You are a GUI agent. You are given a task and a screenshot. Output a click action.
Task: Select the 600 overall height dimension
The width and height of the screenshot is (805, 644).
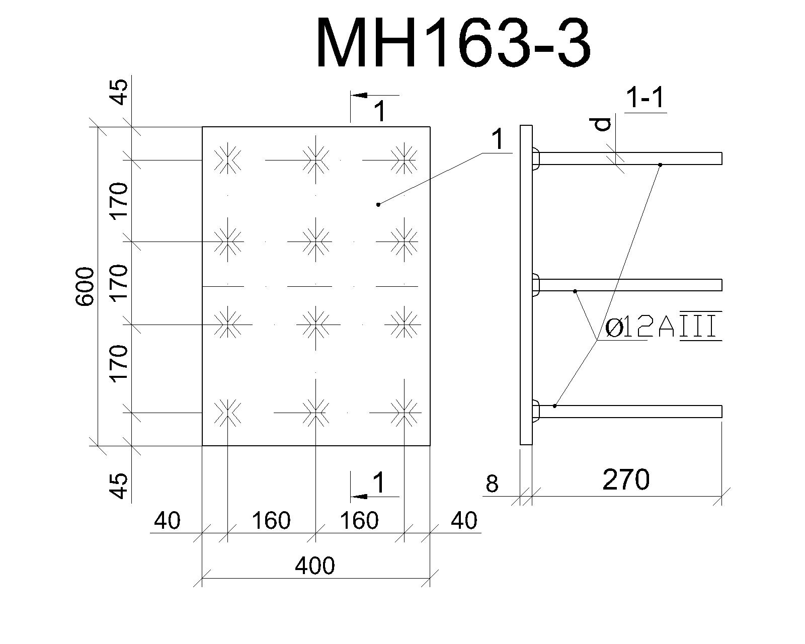click(85, 287)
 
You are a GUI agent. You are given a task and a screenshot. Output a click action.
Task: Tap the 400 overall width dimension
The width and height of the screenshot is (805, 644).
click(314, 566)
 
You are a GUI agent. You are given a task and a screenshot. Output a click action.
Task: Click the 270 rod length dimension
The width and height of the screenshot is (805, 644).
click(626, 479)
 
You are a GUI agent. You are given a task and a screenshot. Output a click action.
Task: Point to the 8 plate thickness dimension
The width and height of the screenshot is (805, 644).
click(492, 484)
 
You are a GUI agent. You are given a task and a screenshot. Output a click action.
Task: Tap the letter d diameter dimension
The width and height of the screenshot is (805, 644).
click(603, 124)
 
